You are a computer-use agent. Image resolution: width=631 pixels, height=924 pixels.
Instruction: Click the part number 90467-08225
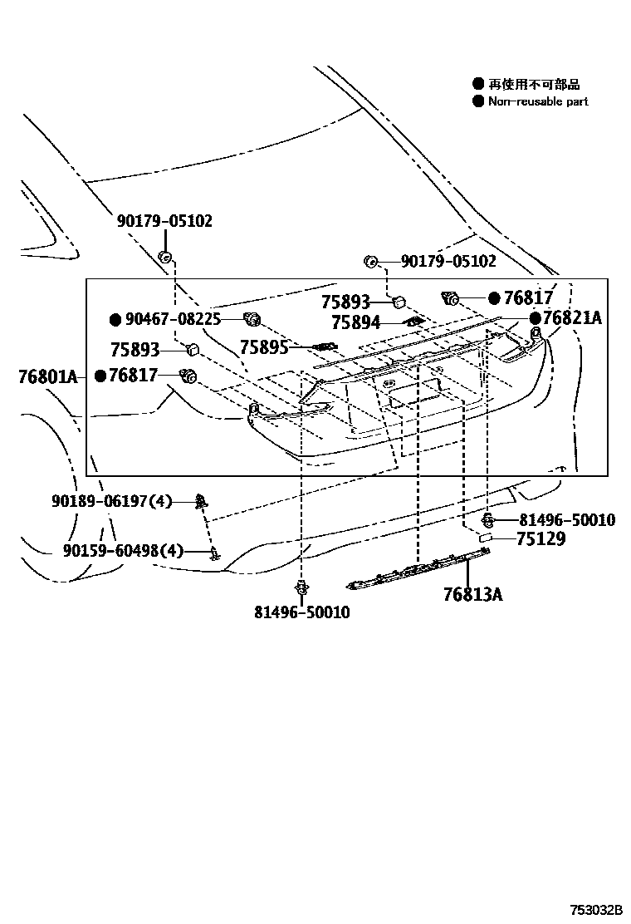173,319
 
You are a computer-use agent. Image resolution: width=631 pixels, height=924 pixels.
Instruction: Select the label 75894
355,322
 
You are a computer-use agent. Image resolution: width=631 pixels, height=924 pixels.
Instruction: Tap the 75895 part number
264,347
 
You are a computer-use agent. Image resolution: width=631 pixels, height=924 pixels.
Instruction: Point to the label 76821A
573,318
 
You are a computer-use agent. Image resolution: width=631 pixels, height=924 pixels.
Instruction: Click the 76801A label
46,377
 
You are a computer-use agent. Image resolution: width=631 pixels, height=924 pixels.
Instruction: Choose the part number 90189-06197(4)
111,501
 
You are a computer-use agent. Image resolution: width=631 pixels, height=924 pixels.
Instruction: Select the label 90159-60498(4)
123,550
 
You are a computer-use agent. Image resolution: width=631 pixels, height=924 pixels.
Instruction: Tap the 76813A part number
472,594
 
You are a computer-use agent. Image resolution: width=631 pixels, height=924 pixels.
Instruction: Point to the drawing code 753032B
595,909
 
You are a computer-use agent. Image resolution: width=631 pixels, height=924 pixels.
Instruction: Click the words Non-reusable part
538,101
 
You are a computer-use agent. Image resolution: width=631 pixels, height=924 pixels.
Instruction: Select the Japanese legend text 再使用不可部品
534,84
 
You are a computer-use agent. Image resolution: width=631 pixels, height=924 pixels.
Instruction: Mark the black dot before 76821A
536,318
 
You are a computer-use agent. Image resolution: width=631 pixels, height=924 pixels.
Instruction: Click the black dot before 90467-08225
116,319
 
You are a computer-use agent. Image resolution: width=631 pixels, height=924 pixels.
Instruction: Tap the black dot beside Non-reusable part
477,101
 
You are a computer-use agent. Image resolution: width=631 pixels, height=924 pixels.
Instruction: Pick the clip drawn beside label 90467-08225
252,318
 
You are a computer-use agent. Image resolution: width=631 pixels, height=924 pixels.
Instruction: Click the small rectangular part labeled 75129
487,539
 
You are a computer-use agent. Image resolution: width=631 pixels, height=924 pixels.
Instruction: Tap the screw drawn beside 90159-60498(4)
214,553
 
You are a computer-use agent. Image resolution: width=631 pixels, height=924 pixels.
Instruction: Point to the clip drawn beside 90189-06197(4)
200,501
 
